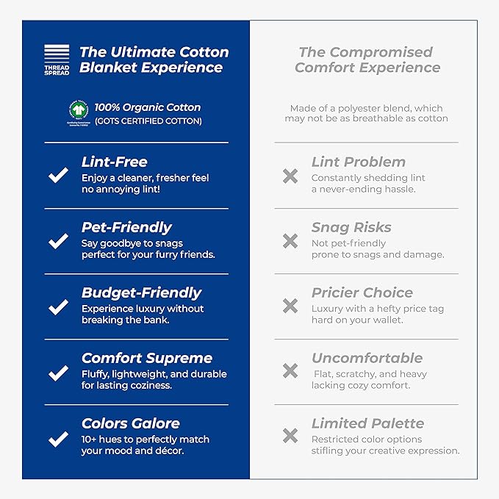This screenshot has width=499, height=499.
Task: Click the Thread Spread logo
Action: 57,59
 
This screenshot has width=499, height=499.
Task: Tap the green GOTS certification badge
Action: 78,113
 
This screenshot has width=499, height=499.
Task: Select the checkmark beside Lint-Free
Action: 58,176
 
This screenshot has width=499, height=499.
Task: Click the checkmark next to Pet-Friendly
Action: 58,241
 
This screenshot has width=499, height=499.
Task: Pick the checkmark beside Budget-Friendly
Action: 58,307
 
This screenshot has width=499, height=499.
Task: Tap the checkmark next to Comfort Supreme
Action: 58,373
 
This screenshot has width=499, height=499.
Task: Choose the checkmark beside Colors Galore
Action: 58,439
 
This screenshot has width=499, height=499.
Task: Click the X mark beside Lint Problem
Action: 290,176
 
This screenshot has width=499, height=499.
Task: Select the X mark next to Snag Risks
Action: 290,241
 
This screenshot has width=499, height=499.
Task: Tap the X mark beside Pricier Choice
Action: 290,306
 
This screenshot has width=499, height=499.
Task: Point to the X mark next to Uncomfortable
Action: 290,371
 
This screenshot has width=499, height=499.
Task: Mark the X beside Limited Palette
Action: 290,437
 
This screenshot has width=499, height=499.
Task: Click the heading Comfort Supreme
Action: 147,359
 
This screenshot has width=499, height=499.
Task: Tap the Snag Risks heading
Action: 351,228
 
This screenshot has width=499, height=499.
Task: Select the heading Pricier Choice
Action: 362,293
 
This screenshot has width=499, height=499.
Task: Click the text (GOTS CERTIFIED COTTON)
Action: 148,121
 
